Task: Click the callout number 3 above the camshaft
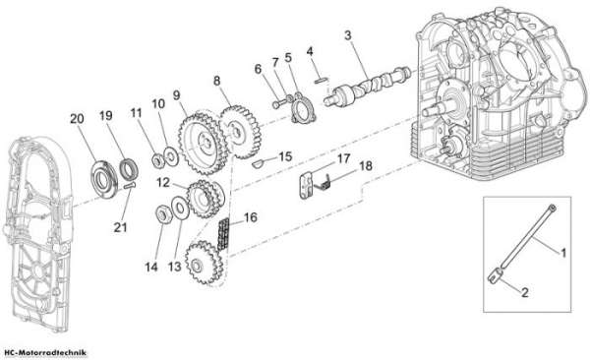(x=348, y=35)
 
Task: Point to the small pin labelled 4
(x=322, y=80)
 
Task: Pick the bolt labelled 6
(x=276, y=104)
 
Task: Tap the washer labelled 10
(x=171, y=155)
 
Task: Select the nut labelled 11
(x=157, y=160)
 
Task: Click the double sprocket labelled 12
(x=205, y=199)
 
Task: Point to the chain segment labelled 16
(x=223, y=233)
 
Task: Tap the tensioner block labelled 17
(x=307, y=185)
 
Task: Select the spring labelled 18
(x=324, y=182)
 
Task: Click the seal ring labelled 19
(x=129, y=170)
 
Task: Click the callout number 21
(x=120, y=227)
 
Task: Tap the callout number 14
(x=151, y=267)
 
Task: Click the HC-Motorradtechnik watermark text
(x=45, y=353)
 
